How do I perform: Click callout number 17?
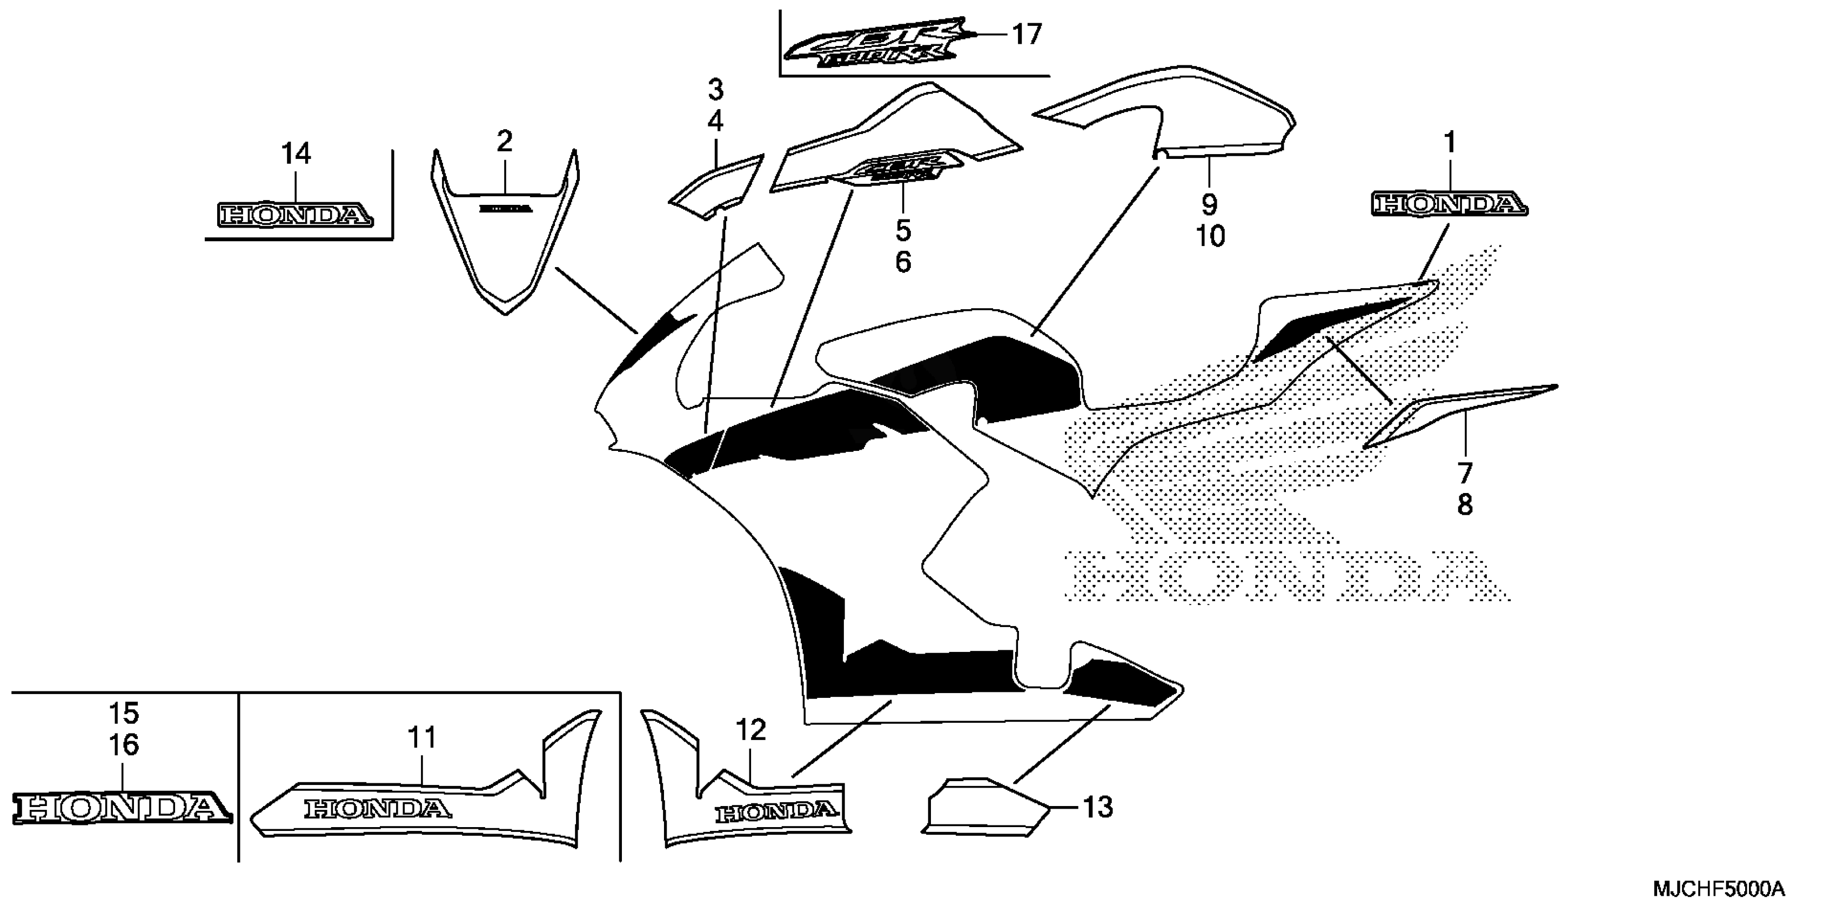pos(1027,34)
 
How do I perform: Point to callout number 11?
pos(421,737)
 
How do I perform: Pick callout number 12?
pos(750,730)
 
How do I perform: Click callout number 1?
pos(1450,143)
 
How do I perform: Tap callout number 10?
pos(1210,236)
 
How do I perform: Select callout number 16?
pos(123,745)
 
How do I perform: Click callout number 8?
pos(1464,505)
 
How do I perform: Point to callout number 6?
pos(903,263)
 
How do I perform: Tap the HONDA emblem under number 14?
pos(294,215)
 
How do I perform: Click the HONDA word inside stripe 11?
pos(378,809)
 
